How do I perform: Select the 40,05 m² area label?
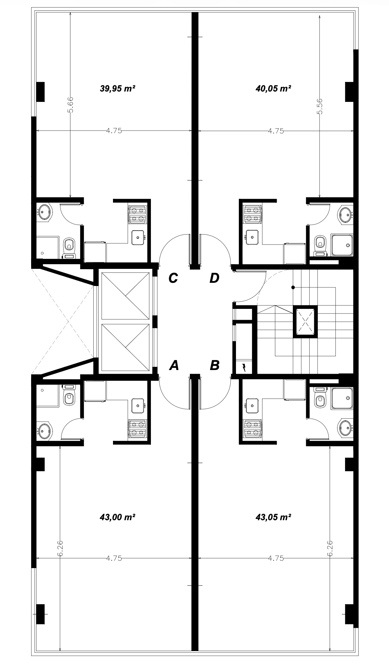pyautogui.click(x=273, y=88)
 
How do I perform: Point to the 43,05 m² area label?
pyautogui.click(x=273, y=517)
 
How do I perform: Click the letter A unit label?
pyautogui.click(x=174, y=365)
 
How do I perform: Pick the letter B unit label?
pyautogui.click(x=215, y=365)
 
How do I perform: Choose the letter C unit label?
pyautogui.click(x=173, y=278)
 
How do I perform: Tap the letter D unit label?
pyautogui.click(x=214, y=278)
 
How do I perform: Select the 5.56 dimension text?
pyautogui.click(x=320, y=106)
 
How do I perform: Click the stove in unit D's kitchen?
pyautogui.click(x=253, y=213)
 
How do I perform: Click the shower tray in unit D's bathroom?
pyautogui.click(x=342, y=245)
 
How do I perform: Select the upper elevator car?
pyautogui.click(x=125, y=296)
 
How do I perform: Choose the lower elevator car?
pyautogui.click(x=125, y=347)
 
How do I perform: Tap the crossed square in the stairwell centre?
pyautogui.click(x=305, y=321)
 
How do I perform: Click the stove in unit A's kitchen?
pyautogui.click(x=137, y=428)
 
